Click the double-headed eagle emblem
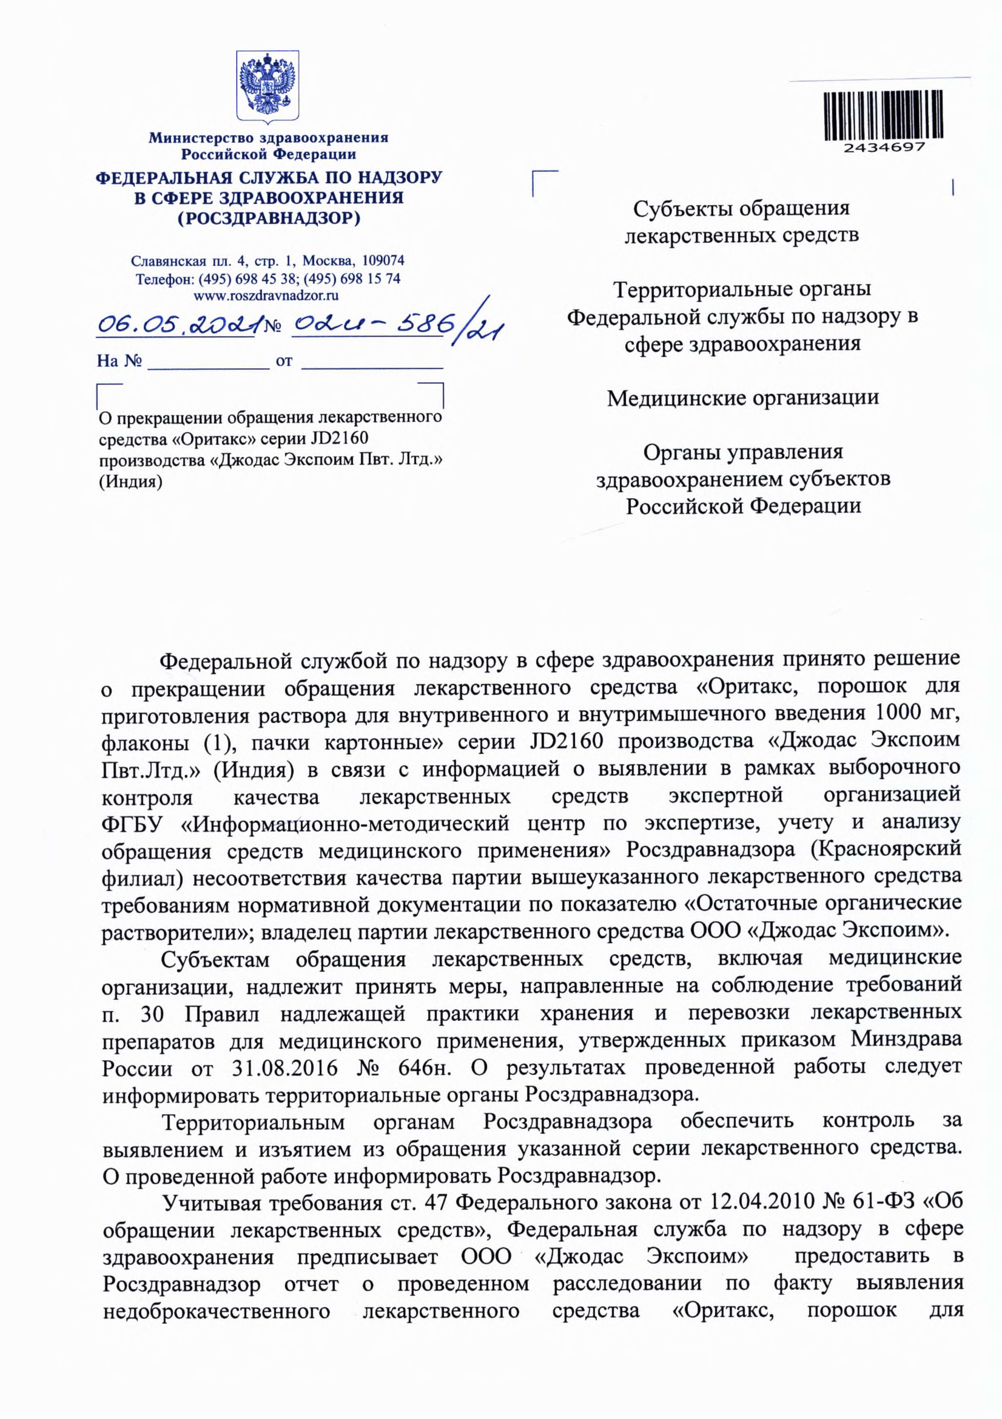pyautogui.click(x=268, y=87)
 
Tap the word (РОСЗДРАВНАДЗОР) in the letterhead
pyautogui.click(x=268, y=218)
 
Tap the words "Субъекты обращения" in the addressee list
pyautogui.click(x=742, y=208)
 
